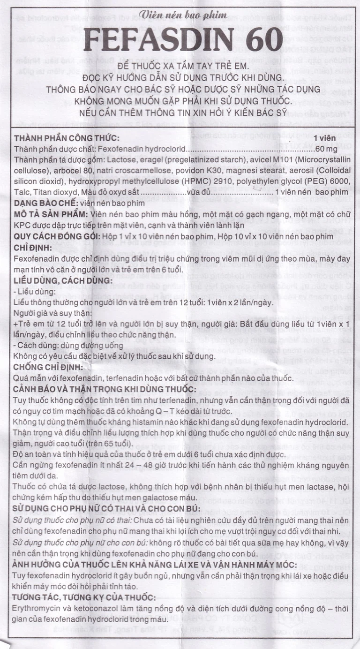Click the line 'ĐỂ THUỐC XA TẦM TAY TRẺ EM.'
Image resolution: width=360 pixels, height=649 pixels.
tap(180, 67)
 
